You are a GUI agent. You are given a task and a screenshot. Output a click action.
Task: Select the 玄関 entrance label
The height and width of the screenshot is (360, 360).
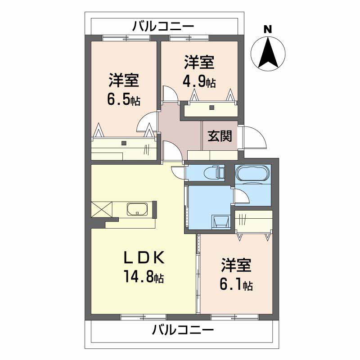[x=220, y=136]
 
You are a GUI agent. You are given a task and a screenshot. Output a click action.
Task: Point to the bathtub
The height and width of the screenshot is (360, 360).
[x=253, y=173]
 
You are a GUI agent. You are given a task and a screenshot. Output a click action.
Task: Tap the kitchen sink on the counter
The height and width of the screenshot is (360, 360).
[x=138, y=209]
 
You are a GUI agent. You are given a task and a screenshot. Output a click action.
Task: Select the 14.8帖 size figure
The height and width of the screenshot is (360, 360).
[x=144, y=276]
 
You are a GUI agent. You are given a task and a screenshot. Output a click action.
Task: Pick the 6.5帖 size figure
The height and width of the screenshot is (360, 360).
[x=123, y=99]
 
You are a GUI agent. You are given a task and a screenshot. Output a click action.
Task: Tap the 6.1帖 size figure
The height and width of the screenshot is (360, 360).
[x=235, y=284]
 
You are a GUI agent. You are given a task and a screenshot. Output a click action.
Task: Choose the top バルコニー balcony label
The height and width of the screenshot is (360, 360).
[x=163, y=27]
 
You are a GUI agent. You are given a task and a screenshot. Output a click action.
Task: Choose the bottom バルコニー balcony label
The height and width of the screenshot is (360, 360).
[x=182, y=331]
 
